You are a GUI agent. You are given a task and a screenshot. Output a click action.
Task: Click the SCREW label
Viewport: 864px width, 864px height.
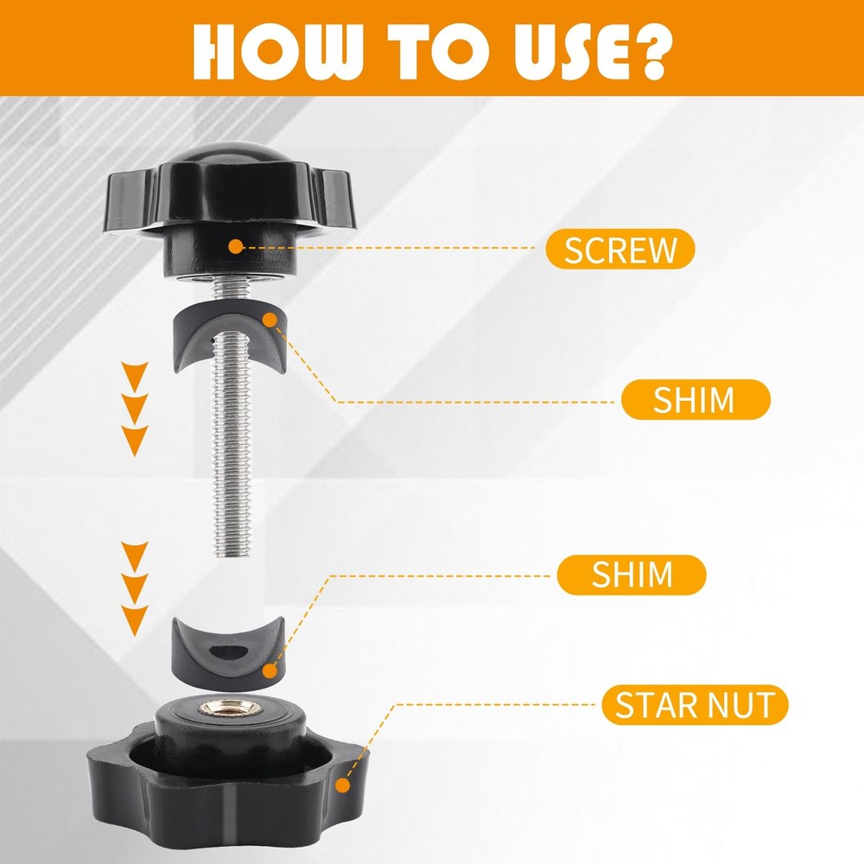pos(619,249)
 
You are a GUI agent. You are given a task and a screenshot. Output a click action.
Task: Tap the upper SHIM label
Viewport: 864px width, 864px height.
pos(696,399)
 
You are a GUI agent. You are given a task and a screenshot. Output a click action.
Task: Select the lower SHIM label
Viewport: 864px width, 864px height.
pos(632,575)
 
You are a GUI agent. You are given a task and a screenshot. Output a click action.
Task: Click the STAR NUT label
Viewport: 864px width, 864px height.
pos(695,705)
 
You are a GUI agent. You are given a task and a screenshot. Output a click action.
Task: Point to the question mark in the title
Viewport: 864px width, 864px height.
pos(648,51)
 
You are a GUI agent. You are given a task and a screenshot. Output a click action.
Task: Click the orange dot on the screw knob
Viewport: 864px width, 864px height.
pos(235,246)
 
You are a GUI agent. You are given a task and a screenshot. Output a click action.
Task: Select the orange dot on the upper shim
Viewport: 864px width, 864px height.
pos(270,321)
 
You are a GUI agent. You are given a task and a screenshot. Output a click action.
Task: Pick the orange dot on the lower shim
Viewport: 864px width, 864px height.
pos(270,671)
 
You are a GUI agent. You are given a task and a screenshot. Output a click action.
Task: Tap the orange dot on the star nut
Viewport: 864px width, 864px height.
pos(343,785)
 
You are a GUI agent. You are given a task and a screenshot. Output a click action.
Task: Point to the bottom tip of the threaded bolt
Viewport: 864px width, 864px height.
pos(232,556)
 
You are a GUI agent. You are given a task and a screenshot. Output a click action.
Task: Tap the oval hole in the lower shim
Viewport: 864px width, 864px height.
pos(229,651)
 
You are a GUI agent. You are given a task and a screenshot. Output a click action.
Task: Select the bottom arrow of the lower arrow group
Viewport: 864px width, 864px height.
pos(135,620)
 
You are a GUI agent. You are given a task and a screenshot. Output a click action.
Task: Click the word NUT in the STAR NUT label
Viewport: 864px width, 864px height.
pos(740,705)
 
